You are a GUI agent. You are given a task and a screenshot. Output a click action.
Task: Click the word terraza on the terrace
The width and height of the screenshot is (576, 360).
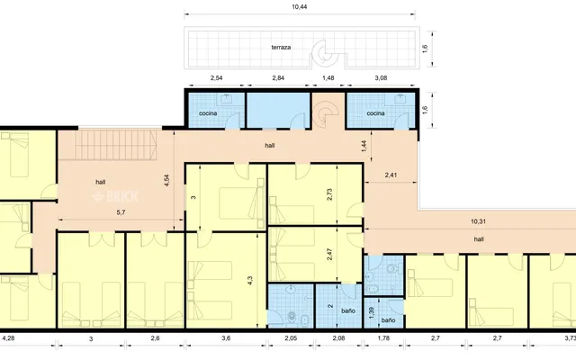coord(281,48)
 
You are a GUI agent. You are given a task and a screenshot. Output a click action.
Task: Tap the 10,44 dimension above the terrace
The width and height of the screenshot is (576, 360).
coord(300,7)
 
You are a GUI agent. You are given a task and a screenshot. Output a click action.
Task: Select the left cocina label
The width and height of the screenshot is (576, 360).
coord(208,113)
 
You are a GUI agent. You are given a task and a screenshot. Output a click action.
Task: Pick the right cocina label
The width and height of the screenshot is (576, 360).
coord(376,113)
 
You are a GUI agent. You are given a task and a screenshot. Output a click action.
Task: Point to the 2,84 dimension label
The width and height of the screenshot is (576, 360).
coord(278,78)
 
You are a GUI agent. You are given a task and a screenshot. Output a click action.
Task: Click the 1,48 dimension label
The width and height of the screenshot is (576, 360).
coord(328,78)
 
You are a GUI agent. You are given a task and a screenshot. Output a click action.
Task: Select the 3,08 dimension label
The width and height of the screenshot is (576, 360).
coord(381,78)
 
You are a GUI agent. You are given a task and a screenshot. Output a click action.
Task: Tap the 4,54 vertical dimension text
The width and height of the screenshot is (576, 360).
coord(166,181)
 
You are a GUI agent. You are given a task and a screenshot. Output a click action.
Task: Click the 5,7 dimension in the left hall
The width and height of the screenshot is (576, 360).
coord(121,212)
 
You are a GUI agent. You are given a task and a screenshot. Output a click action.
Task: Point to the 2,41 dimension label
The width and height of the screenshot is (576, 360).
coord(391,175)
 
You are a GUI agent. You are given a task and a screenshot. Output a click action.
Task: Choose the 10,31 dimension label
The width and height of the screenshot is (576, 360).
coord(478,221)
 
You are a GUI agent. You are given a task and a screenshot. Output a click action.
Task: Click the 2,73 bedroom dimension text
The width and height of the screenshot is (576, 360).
coord(329,194)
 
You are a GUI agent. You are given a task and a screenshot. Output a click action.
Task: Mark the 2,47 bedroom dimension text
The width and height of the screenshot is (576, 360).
coord(329,254)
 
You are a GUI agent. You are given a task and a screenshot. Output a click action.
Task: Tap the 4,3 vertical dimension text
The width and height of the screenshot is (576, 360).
coord(250,281)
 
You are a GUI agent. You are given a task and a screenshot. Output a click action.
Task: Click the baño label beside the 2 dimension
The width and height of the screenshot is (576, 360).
coord(348,310)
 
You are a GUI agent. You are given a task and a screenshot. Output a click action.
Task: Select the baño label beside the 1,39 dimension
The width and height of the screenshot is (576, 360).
coord(388,320)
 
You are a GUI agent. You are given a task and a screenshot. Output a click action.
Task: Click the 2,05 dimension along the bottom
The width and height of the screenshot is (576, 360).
coord(291,338)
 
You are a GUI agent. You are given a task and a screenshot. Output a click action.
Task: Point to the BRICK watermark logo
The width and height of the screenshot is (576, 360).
coord(115,196)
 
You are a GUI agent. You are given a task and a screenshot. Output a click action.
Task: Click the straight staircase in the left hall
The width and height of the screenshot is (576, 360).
coord(116,145)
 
